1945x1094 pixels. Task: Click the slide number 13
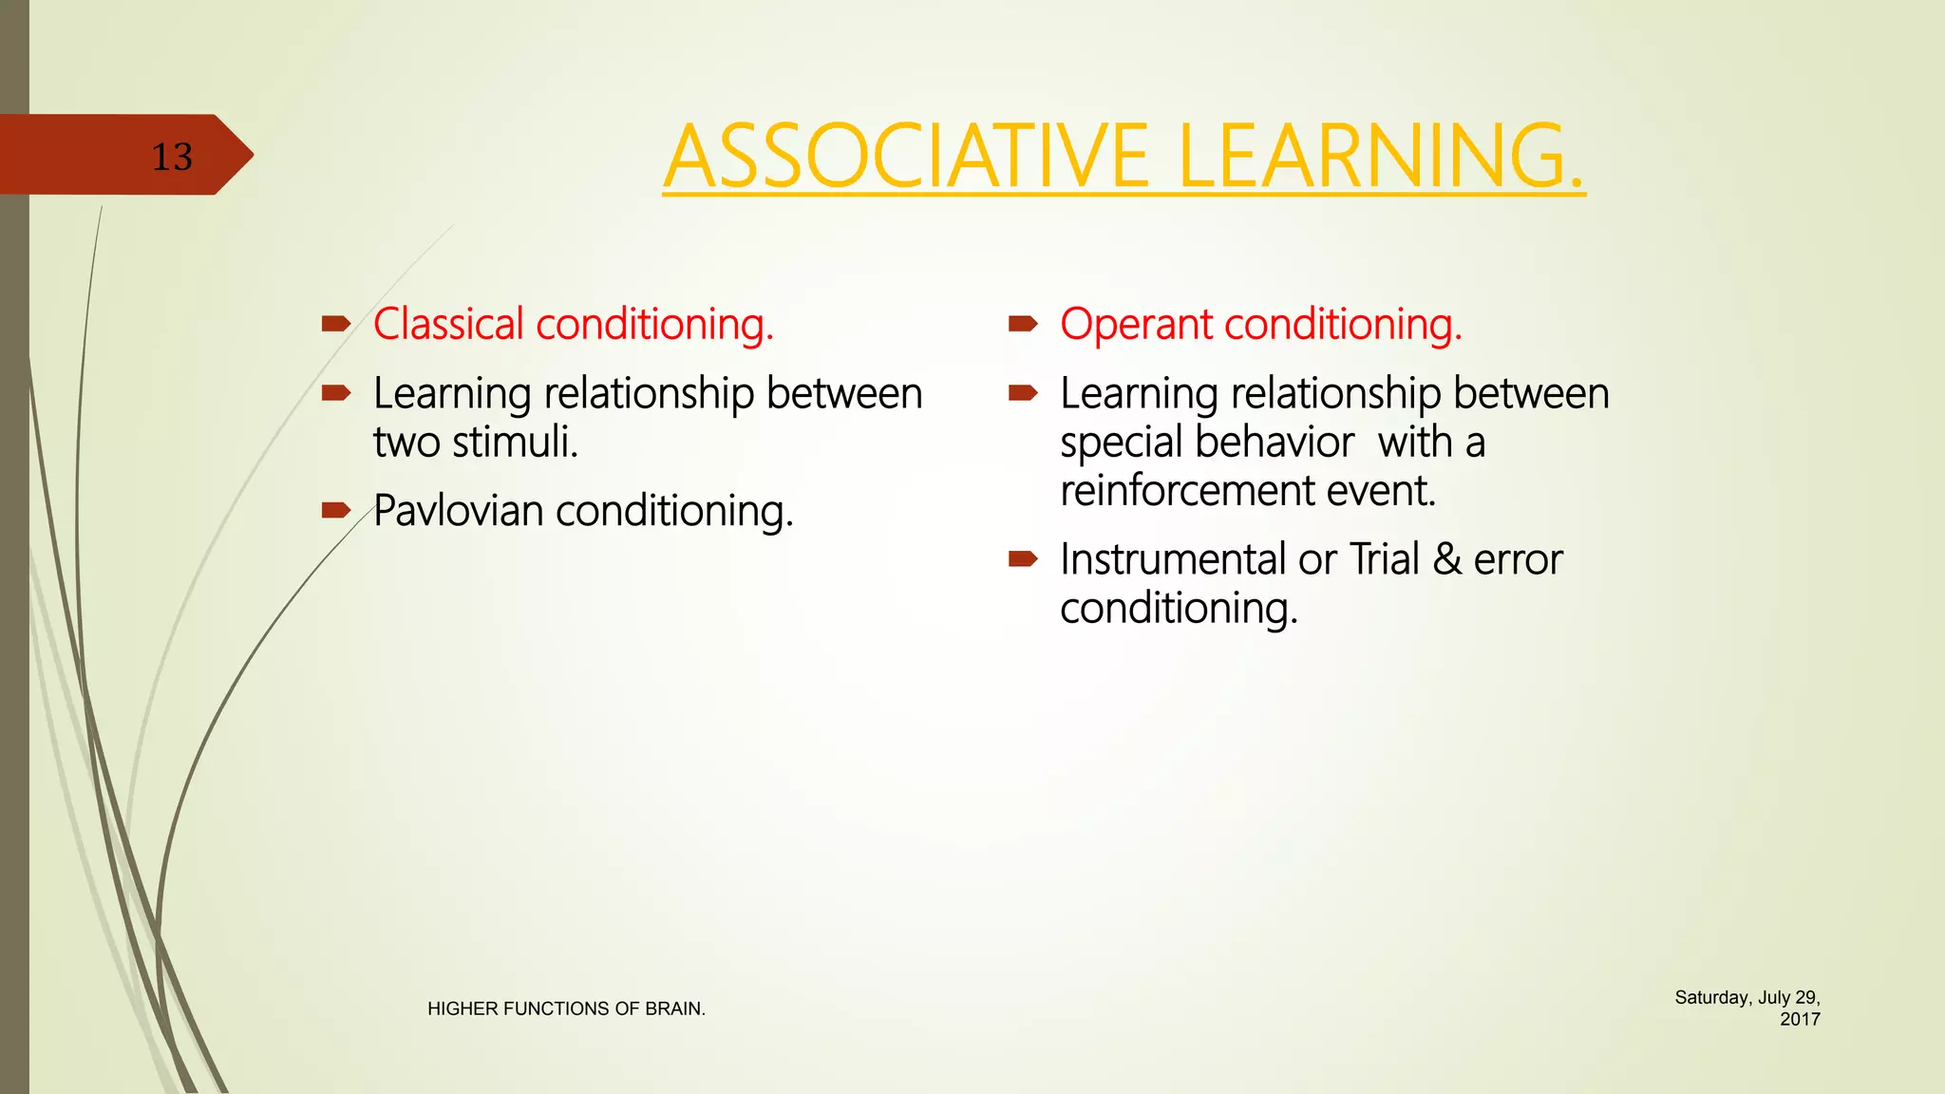point(172,157)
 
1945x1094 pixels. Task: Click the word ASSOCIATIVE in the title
point(906,157)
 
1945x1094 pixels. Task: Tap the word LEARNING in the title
point(1379,157)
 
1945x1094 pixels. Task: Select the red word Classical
point(448,325)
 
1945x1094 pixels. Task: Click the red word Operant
point(1136,325)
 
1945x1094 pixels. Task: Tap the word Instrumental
point(1173,559)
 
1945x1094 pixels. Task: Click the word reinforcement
point(1186,491)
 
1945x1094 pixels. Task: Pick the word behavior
point(1274,443)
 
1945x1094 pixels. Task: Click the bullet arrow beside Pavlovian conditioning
point(336,511)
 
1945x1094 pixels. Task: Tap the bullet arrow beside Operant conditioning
point(1023,325)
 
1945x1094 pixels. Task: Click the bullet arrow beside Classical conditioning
point(336,325)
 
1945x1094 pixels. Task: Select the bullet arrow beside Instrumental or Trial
point(1023,559)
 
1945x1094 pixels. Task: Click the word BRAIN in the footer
point(674,1009)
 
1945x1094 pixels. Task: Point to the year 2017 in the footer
point(1799,1019)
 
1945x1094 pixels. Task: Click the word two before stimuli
point(406,443)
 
